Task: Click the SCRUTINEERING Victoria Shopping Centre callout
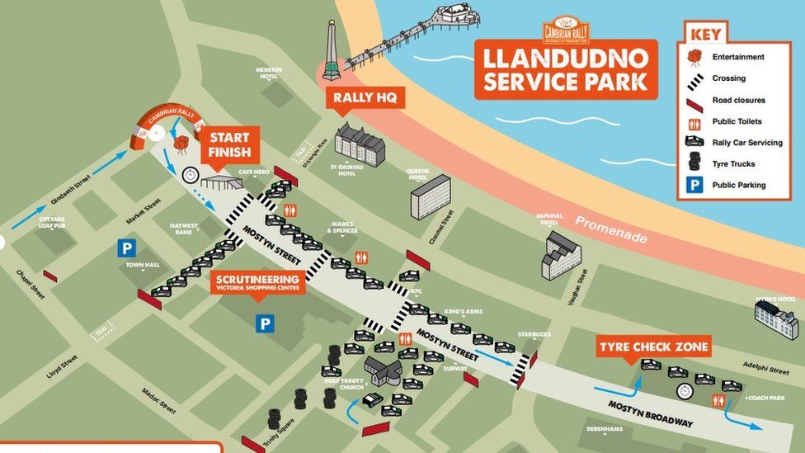click(257, 282)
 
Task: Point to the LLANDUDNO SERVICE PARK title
click(566, 70)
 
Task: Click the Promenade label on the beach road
click(611, 229)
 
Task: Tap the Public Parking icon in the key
click(694, 185)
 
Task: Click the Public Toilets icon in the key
click(694, 122)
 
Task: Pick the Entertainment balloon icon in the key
click(694, 58)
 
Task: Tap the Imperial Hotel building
click(561, 255)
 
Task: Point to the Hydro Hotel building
click(775, 319)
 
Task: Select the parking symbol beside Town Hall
click(126, 248)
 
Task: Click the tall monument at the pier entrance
click(332, 51)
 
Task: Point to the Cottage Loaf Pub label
click(51, 223)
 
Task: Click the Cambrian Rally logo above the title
click(566, 30)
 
